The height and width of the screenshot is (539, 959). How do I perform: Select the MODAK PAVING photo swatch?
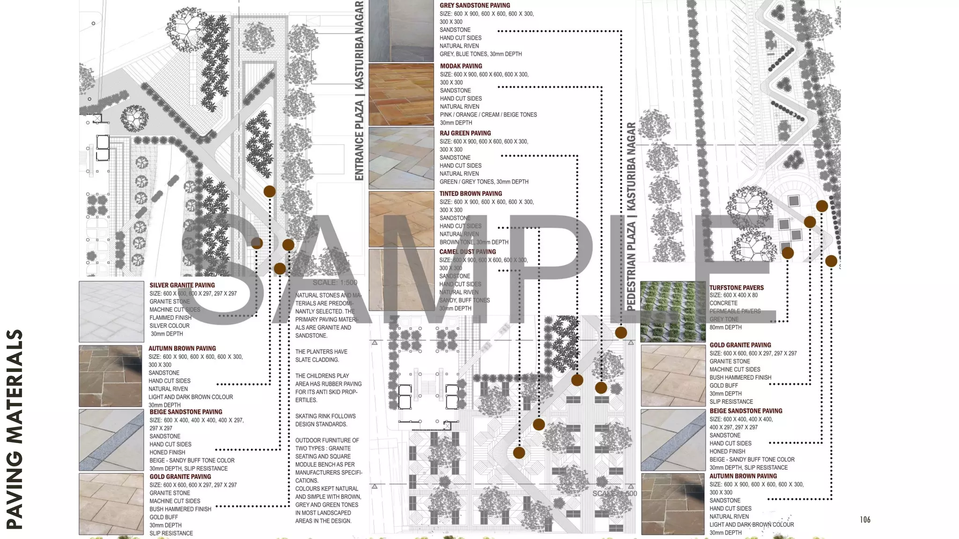(401, 95)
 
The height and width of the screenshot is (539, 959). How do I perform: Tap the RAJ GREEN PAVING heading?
(465, 133)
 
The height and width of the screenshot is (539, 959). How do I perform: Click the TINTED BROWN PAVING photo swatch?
(401, 219)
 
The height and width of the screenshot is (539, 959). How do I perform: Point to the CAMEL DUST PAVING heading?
(467, 252)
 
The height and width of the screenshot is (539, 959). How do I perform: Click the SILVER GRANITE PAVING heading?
(182, 285)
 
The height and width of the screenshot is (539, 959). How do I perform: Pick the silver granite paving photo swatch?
(111, 312)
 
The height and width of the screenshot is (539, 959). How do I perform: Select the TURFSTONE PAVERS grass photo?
(673, 312)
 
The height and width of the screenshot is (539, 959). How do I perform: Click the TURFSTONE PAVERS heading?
(736, 288)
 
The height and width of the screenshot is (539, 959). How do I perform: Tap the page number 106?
(865, 520)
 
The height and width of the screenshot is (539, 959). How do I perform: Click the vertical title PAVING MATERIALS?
(15, 430)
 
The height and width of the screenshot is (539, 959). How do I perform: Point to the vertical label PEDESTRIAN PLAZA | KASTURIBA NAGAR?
(631, 217)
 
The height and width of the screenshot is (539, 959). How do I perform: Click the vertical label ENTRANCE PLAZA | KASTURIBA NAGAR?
(359, 90)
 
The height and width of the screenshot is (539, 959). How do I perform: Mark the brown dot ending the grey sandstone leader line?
(621, 333)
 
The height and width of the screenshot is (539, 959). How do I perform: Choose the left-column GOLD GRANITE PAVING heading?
(180, 477)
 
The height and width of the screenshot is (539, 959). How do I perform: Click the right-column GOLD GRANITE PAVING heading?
(740, 345)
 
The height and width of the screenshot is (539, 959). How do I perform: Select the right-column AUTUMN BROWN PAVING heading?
(743, 476)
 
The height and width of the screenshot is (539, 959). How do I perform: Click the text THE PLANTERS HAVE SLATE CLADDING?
(321, 356)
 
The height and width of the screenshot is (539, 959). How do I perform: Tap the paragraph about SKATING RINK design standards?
(325, 420)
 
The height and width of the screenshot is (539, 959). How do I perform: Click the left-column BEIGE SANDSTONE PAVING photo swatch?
(111, 440)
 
